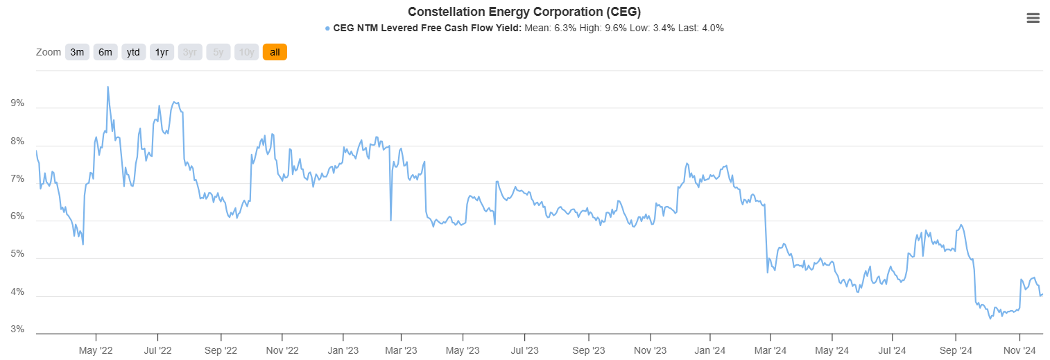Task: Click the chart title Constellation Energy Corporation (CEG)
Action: (x=524, y=12)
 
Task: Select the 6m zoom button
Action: (x=105, y=52)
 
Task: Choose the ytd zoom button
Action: (x=133, y=52)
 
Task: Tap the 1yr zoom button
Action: (x=162, y=52)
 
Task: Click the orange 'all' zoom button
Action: (x=275, y=52)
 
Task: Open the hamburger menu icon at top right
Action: (x=1033, y=19)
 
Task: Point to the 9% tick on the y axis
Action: (x=17, y=103)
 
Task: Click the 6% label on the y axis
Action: (x=17, y=216)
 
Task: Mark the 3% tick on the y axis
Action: (x=17, y=329)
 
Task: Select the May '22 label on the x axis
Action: (x=96, y=351)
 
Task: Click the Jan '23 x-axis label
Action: (x=343, y=351)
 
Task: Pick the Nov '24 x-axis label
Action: (x=1019, y=351)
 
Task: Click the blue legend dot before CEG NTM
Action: (x=327, y=28)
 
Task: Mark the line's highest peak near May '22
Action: (x=107, y=87)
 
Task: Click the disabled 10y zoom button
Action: (x=246, y=52)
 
